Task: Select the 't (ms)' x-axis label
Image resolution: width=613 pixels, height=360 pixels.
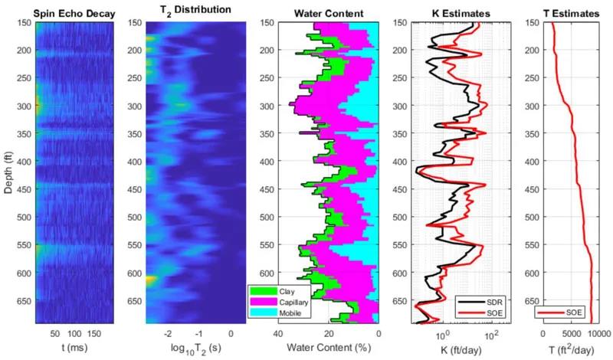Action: point(68,347)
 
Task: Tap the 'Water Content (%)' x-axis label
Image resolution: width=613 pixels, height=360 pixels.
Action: point(329,347)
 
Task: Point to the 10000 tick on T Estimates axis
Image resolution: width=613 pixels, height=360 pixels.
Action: point(599,334)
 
